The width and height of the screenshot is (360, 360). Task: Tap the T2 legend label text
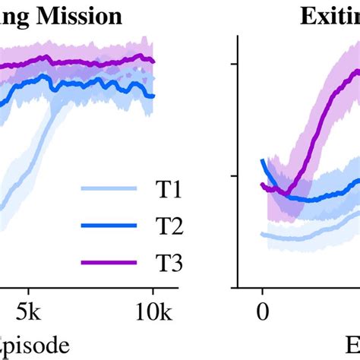(153, 226)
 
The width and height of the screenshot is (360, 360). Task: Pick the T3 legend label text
(153, 263)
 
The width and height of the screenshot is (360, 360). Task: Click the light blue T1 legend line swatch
(109, 191)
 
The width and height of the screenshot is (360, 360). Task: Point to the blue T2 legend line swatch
(109, 226)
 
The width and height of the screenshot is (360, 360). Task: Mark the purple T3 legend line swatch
(109, 263)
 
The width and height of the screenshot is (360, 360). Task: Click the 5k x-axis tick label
(28, 311)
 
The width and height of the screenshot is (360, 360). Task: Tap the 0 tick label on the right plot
(263, 311)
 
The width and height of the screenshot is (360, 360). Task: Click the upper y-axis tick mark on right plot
(235, 64)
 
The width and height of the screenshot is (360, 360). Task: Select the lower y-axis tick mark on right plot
(235, 176)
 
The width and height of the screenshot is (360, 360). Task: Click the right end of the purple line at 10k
(153, 61)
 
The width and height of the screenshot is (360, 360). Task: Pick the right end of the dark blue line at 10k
(153, 96)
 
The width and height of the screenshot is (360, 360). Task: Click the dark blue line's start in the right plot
(263, 160)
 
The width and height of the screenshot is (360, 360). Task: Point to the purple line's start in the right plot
(261, 185)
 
